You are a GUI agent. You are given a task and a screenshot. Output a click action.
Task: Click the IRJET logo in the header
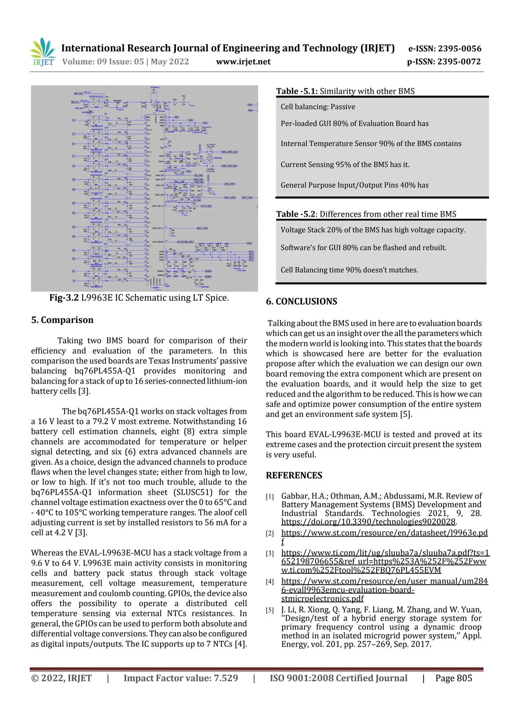tap(43, 52)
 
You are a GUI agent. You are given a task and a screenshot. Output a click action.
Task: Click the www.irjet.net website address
tap(243, 62)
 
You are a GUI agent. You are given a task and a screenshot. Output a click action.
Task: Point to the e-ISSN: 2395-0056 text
tap(444, 49)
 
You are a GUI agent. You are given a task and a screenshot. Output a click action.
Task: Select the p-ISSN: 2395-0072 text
tap(443, 62)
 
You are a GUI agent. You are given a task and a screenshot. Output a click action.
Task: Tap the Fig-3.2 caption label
tap(64, 298)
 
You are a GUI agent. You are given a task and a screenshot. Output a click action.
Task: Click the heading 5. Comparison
tap(62, 320)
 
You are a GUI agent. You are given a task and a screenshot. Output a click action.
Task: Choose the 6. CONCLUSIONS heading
tap(301, 301)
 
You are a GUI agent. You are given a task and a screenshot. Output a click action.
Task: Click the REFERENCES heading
tap(294, 475)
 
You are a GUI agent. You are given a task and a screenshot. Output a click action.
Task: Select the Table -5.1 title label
tap(297, 91)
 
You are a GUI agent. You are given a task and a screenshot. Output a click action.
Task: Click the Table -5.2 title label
tap(296, 214)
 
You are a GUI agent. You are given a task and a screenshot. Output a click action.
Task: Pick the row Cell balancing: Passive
tap(318, 107)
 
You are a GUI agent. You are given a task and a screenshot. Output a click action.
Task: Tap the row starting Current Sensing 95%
tap(345, 164)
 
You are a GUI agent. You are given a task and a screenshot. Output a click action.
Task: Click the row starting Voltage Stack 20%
tap(373, 230)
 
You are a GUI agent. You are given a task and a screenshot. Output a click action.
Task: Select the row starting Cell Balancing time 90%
tap(349, 270)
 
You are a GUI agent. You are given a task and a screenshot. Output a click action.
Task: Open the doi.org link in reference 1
tap(368, 522)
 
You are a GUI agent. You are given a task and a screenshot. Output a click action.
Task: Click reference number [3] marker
tap(270, 554)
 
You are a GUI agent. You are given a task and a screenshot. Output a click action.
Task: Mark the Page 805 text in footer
tap(453, 678)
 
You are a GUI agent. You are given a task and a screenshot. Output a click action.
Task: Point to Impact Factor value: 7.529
tap(181, 678)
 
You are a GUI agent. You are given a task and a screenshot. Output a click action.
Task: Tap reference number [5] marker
tap(270, 610)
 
